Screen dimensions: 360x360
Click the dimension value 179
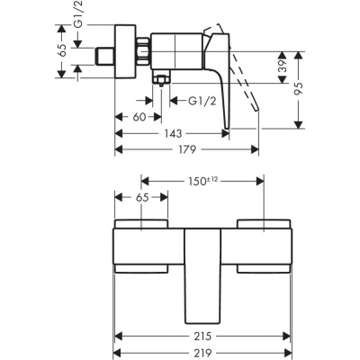coord(185,149)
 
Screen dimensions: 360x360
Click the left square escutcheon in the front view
coord(141,244)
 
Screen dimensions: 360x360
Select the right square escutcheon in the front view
coord(264,244)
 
